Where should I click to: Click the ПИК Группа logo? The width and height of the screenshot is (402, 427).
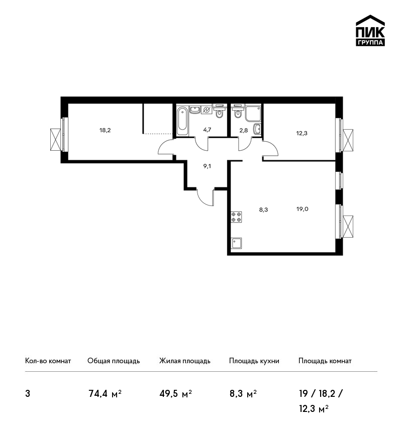click(x=370, y=31)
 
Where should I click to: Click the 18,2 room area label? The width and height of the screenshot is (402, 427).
click(x=105, y=130)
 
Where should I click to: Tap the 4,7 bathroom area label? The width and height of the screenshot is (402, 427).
click(x=207, y=130)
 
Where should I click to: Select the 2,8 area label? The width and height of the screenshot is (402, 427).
click(x=244, y=130)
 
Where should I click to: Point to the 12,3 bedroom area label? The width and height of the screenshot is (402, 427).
click(x=302, y=133)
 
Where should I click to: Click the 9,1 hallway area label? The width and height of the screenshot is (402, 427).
click(x=207, y=166)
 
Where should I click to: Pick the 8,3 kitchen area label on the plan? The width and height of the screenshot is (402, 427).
click(x=263, y=209)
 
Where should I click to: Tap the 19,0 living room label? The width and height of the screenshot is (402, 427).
click(x=303, y=209)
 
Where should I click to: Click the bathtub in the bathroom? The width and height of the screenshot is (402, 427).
click(x=182, y=121)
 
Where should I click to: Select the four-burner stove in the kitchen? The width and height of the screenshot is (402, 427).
click(x=236, y=217)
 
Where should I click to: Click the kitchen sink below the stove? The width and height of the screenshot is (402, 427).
click(x=236, y=243)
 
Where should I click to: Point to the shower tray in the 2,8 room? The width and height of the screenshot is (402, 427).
click(x=253, y=114)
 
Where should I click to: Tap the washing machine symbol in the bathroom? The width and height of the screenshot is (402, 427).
click(x=207, y=110)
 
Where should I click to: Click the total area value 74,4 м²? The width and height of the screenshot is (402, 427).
click(x=105, y=394)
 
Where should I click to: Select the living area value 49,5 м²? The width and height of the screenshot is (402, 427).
click(x=176, y=394)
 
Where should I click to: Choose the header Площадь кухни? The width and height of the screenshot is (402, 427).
click(x=254, y=361)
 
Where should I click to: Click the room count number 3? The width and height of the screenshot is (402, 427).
click(x=28, y=394)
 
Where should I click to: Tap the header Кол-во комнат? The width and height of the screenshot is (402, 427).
click(x=48, y=361)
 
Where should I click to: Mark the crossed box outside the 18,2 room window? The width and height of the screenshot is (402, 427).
click(x=56, y=140)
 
